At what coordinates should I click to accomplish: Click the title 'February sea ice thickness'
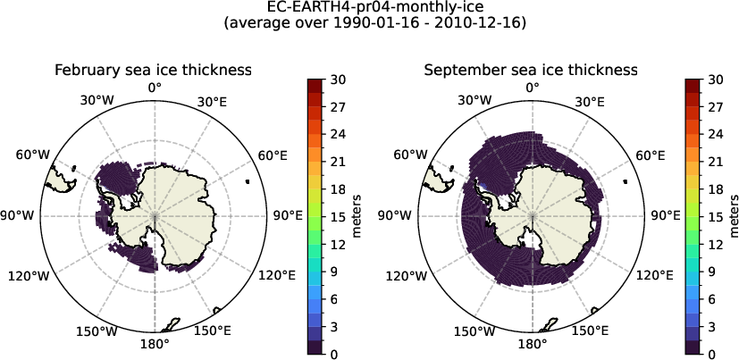click(152, 70)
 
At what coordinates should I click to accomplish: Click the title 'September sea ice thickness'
click(531, 70)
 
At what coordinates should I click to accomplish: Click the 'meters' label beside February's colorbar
click(357, 217)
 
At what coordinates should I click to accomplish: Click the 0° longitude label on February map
click(155, 88)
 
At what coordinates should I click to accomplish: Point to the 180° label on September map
click(533, 344)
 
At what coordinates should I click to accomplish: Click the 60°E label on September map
click(651, 155)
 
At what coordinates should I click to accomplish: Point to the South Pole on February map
click(155, 216)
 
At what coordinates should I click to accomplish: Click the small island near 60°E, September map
click(626, 181)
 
